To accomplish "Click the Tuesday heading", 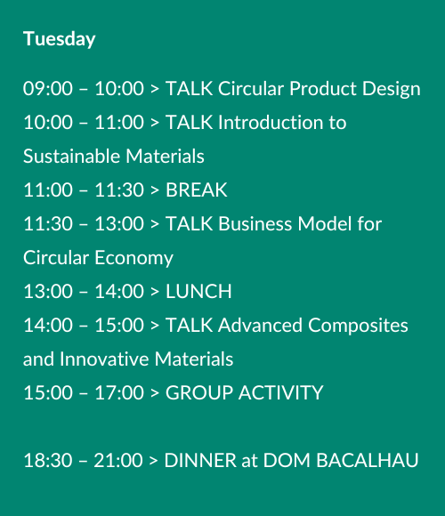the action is pos(60,39).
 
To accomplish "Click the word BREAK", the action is pos(197,189).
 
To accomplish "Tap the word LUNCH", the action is pos(198,291).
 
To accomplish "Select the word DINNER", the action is pos(200,460).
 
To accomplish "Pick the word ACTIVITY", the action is pos(281,392).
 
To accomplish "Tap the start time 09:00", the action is pos(48,89).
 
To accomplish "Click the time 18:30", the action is pos(48,460).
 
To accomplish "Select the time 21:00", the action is pos(118,460).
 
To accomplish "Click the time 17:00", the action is pos(119,392).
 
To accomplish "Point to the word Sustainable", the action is pos(71,156).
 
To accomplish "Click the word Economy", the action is pos(134,258).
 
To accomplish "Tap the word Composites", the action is pos(358,326).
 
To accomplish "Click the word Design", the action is pos(392,89).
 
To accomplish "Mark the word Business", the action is pos(255,224).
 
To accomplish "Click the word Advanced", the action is pos(260,325).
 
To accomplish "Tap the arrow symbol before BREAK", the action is pos(155,190).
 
